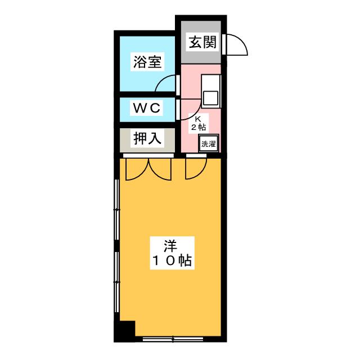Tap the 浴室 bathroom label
[x=147, y=62]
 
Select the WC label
[x=147, y=107]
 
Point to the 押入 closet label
[x=147, y=138]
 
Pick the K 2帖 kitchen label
[x=198, y=123]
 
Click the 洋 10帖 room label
[x=171, y=254]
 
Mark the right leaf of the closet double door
[x=160, y=169]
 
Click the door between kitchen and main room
[x=196, y=165]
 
